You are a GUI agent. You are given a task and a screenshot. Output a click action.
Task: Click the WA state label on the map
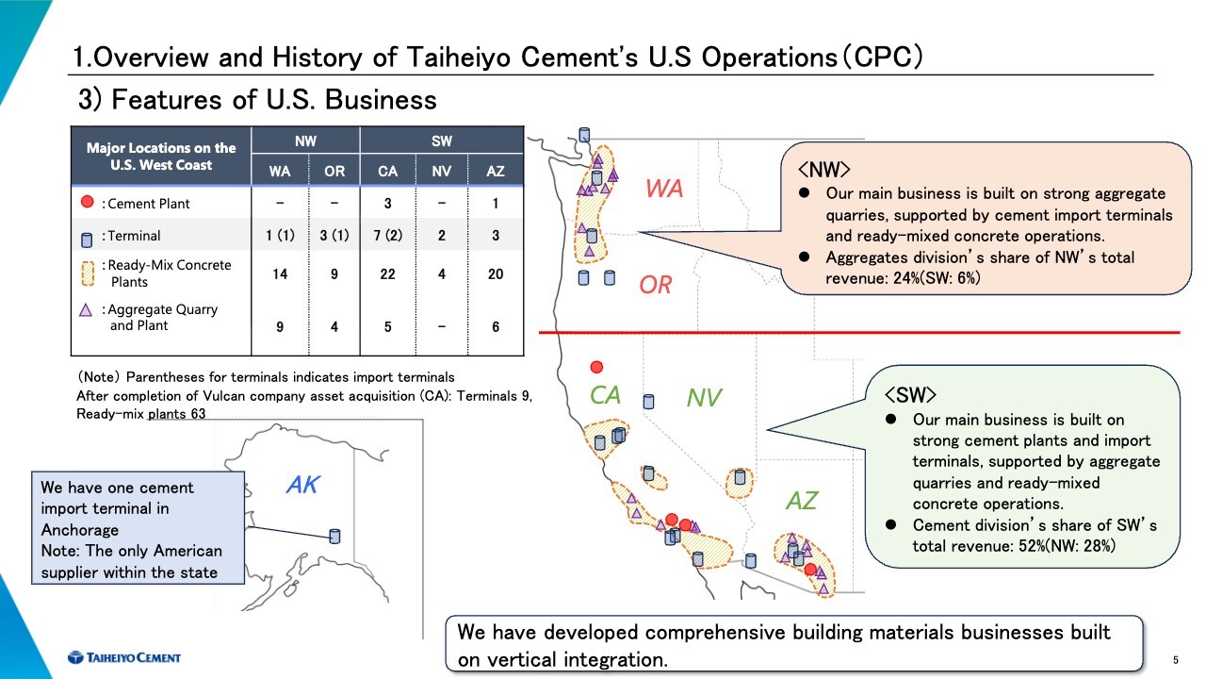click(664, 189)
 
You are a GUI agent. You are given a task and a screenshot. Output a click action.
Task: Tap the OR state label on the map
click(655, 285)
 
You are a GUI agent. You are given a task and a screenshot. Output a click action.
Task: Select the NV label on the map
click(704, 398)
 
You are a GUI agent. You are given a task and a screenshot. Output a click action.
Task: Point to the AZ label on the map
click(802, 501)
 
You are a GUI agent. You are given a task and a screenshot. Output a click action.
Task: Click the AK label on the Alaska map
click(303, 485)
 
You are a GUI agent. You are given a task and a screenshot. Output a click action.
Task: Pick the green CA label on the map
click(605, 395)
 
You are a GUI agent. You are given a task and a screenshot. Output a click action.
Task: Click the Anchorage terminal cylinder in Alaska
click(334, 537)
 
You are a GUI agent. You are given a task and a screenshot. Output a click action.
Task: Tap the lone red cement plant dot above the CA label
click(596, 367)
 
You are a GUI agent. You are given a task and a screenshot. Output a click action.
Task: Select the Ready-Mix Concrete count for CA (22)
click(387, 274)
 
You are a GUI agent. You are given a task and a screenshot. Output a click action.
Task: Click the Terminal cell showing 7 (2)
click(387, 236)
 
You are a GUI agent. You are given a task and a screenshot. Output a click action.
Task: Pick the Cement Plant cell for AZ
click(496, 204)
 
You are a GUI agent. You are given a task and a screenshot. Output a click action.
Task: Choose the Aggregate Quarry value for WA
click(280, 326)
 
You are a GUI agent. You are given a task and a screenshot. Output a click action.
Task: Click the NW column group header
click(305, 141)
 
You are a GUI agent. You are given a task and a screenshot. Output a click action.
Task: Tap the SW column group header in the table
click(442, 141)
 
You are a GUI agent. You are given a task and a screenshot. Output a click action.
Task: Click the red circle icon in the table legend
click(87, 202)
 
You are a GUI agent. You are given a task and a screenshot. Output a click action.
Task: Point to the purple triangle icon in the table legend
click(86, 310)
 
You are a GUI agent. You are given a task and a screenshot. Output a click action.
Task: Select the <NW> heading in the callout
click(823, 170)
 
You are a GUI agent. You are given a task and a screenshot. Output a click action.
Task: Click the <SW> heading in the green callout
click(910, 395)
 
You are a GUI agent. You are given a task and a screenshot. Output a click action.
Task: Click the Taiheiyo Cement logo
click(124, 657)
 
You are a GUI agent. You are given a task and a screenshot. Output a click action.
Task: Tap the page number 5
click(1176, 660)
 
